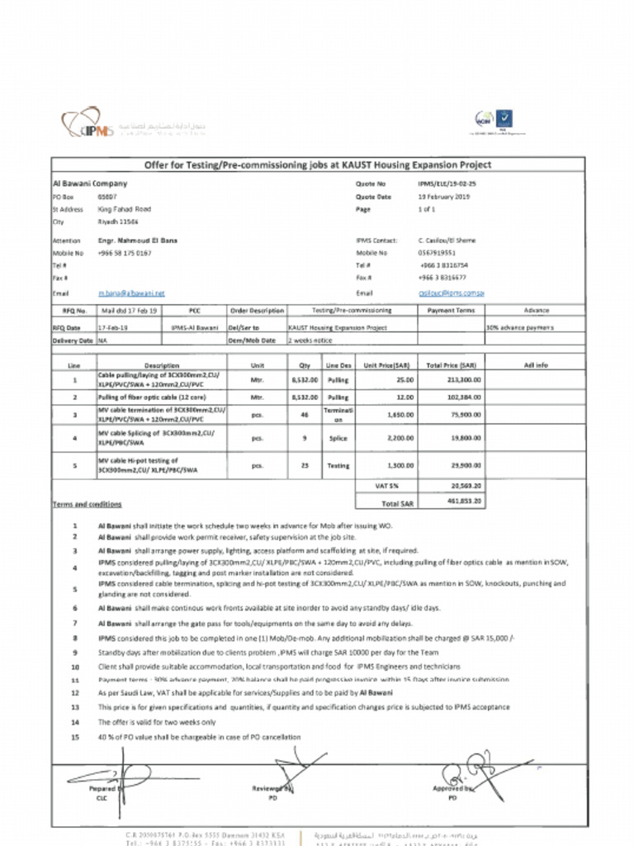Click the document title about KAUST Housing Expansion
click(318, 165)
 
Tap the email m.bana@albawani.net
click(132, 293)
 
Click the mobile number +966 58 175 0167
click(125, 253)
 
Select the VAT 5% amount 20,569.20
click(466, 487)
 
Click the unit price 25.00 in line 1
click(405, 380)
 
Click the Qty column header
click(305, 364)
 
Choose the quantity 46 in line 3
click(305, 415)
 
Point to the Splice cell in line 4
click(338, 439)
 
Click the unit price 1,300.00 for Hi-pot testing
click(401, 465)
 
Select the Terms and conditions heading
click(88, 504)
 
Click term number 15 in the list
click(75, 737)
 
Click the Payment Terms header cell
click(451, 311)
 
